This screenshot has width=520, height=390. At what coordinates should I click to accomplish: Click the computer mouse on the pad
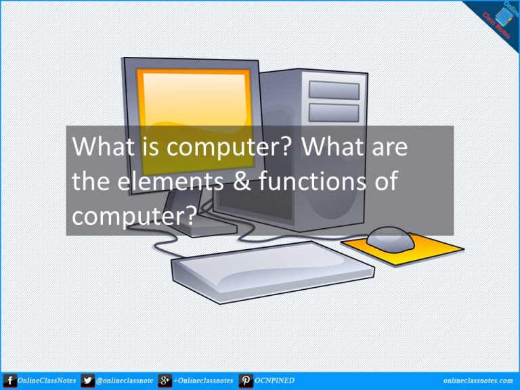pyautogui.click(x=390, y=239)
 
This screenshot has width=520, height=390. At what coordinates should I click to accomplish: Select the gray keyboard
pyautogui.click(x=273, y=272)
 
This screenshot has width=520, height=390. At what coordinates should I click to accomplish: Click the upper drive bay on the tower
pyautogui.click(x=334, y=90)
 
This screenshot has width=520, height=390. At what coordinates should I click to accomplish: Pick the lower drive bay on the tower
pyautogui.click(x=334, y=113)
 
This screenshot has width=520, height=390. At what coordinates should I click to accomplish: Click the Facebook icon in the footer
pyautogui.click(x=10, y=381)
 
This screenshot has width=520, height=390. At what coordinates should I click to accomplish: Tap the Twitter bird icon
pyautogui.click(x=87, y=381)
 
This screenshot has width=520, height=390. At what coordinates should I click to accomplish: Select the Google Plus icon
pyautogui.click(x=165, y=381)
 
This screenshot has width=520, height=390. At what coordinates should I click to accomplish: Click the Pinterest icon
pyautogui.click(x=245, y=381)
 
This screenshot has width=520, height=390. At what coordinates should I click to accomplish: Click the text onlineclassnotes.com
pyautogui.click(x=477, y=381)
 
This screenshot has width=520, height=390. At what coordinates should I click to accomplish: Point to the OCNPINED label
pyautogui.click(x=274, y=381)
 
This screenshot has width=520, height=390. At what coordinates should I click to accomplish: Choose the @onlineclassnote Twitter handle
pyautogui.click(x=125, y=381)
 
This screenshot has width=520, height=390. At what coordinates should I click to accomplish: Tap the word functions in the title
pyautogui.click(x=312, y=181)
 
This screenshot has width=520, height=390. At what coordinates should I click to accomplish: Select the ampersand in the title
pyautogui.click(x=242, y=181)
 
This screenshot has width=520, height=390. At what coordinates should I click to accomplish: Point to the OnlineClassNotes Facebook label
pyautogui.click(x=47, y=381)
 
